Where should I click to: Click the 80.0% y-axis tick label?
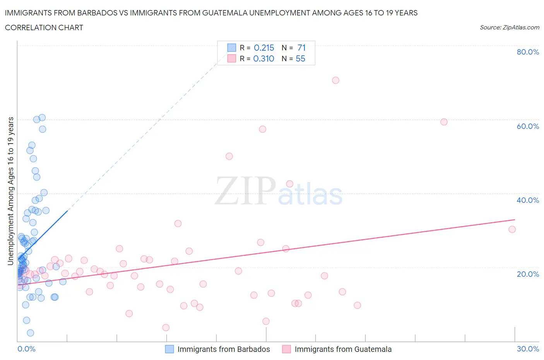[x=528, y=52]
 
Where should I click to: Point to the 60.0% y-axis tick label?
[x=528, y=126]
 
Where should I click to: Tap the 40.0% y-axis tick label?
[x=528, y=200]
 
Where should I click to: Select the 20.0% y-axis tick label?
[x=528, y=274]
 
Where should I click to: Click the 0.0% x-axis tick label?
[x=26, y=349]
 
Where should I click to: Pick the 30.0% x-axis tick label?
[x=528, y=349]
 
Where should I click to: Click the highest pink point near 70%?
[x=335, y=80]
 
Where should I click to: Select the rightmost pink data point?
[x=512, y=229]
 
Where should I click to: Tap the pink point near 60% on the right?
[x=444, y=122]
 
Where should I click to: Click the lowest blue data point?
[x=31, y=333]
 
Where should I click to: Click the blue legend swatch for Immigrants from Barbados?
[x=169, y=349]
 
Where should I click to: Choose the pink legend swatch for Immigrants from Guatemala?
[x=286, y=349]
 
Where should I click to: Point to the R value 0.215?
[x=264, y=48]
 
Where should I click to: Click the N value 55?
[x=300, y=58]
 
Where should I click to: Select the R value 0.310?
[x=264, y=58]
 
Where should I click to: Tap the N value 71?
[x=301, y=48]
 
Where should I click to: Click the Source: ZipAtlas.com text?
[x=509, y=27]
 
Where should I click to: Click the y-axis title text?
[x=11, y=191]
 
